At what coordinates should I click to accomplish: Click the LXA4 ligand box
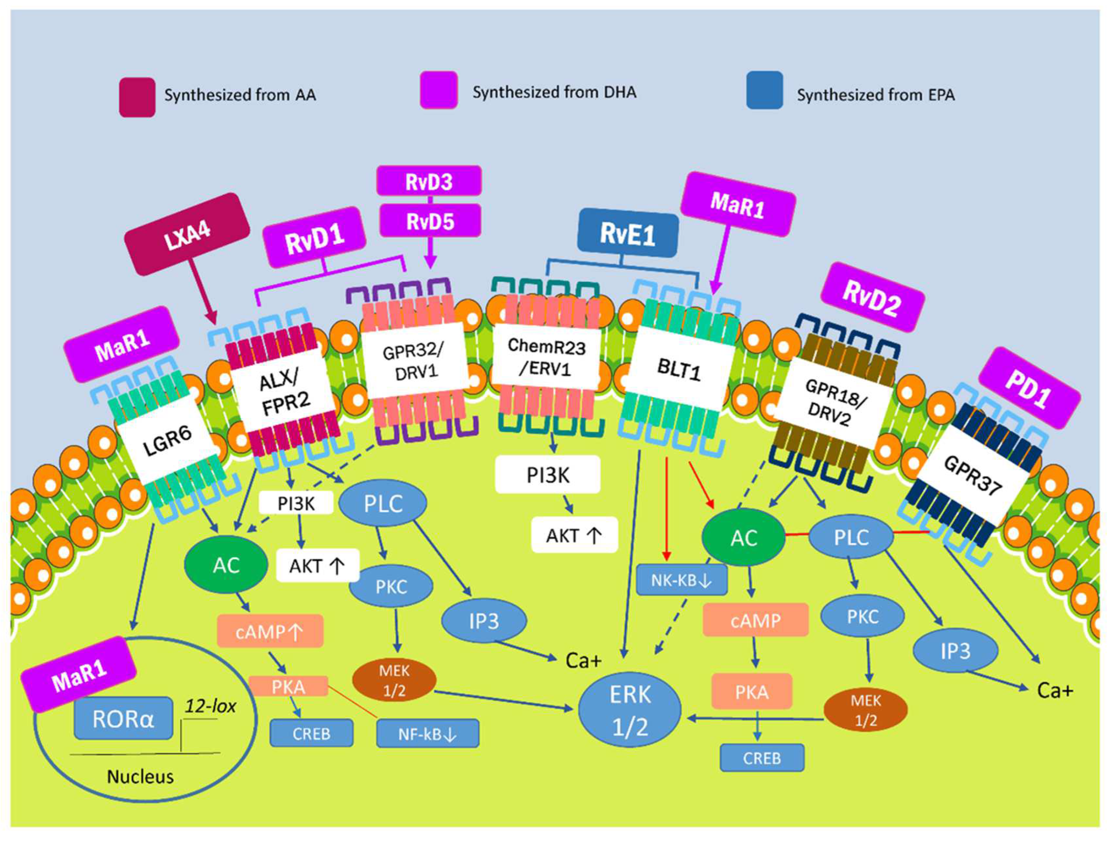tap(187, 235)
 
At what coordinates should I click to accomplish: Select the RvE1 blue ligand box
tap(628, 234)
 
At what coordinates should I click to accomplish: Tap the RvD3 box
tap(429, 181)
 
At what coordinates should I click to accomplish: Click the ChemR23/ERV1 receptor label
tap(546, 358)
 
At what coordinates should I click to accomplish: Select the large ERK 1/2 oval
tap(630, 711)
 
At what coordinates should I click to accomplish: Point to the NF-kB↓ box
tap(427, 734)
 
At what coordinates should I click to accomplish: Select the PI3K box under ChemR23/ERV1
tap(547, 475)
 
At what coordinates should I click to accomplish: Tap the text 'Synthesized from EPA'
tap(876, 95)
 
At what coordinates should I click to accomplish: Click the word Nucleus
tap(140, 776)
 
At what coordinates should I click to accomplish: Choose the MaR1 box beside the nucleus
tap(79, 675)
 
